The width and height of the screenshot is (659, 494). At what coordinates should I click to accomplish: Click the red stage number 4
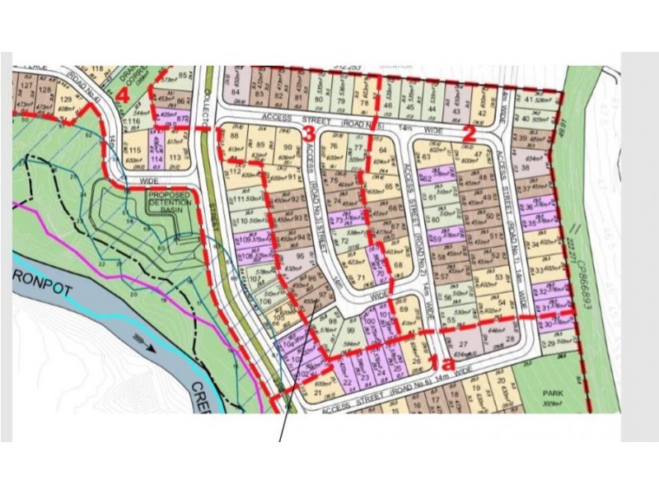[x=123, y=95]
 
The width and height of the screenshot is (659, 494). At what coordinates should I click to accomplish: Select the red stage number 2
[x=470, y=130]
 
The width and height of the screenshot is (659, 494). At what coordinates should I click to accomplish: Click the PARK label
[x=552, y=394]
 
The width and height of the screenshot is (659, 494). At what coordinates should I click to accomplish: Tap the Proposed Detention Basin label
[x=171, y=201]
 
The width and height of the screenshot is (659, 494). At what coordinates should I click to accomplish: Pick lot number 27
[x=463, y=343]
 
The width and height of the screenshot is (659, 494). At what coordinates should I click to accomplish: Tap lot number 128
[x=44, y=90]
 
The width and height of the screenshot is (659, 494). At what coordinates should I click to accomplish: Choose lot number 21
[x=316, y=394]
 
